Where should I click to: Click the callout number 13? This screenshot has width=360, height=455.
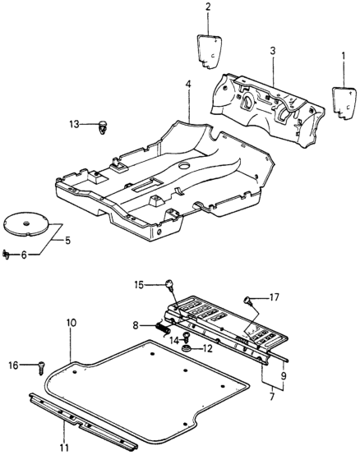pyautogui.click(x=74, y=125)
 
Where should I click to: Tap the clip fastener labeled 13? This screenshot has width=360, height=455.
pyautogui.click(x=102, y=127)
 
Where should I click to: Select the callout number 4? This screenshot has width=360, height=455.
pyautogui.click(x=189, y=85)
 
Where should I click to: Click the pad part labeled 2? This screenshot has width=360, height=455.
pyautogui.click(x=208, y=52)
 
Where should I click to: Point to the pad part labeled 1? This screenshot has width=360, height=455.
pyautogui.click(x=344, y=103)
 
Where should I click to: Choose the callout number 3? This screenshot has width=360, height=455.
pyautogui.click(x=273, y=51)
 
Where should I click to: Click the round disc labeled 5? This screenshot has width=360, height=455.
pyautogui.click(x=25, y=223)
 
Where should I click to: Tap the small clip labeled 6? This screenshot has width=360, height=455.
pyautogui.click(x=6, y=255)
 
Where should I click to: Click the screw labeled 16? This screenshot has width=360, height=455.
pyautogui.click(x=42, y=368)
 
